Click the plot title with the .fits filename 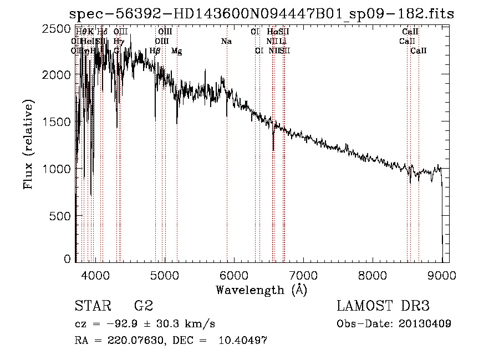(261, 14)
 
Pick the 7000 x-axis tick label (303, 274)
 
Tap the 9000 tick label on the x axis (442, 274)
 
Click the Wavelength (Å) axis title (261, 290)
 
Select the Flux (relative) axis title (29, 144)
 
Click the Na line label (226, 42)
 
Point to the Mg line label (176, 51)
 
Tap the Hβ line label (155, 51)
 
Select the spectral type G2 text (144, 306)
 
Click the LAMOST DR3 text (383, 306)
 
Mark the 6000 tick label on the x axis (234, 274)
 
